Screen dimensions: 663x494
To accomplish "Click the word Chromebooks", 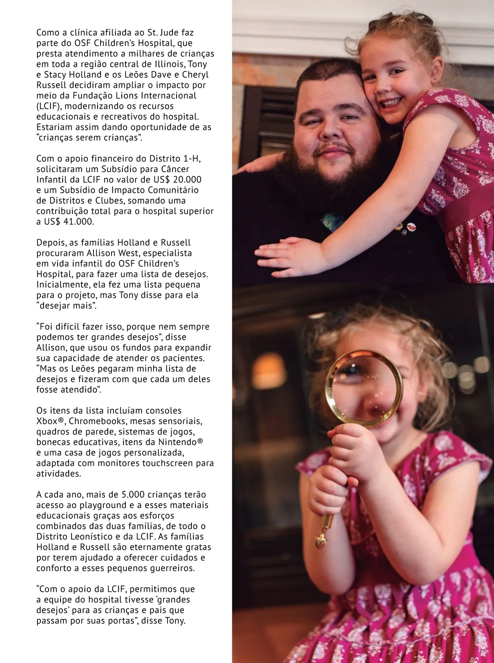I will (99, 421).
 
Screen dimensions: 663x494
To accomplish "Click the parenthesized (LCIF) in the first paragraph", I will (49, 106).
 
